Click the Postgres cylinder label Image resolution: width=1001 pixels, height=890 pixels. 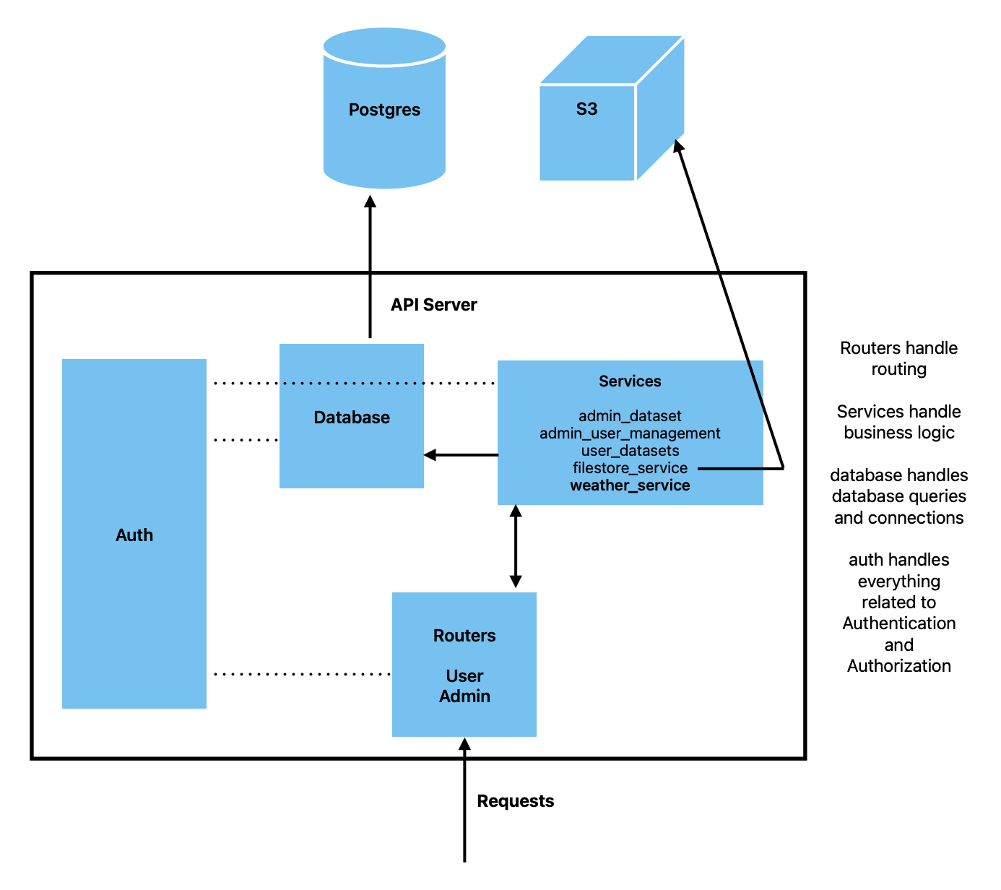pyautogui.click(x=384, y=110)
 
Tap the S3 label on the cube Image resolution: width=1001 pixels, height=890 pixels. pyautogui.click(x=586, y=109)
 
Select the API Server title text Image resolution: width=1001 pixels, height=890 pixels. pyautogui.click(x=433, y=305)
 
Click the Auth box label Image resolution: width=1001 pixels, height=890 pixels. pyautogui.click(x=134, y=535)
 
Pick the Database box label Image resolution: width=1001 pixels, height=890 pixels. pyautogui.click(x=352, y=418)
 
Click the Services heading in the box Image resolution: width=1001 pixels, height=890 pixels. pyautogui.click(x=630, y=381)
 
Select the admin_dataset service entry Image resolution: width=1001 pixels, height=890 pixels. pyautogui.click(x=630, y=416)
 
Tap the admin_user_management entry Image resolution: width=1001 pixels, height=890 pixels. pyautogui.click(x=630, y=433)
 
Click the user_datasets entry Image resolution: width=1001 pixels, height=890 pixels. pyautogui.click(x=630, y=451)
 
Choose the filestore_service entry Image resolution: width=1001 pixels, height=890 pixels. pyautogui.click(x=630, y=468)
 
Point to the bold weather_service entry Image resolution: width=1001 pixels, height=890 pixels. pyautogui.click(x=630, y=485)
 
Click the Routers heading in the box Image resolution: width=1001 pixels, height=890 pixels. pyautogui.click(x=464, y=636)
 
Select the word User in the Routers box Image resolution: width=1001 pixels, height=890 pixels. pyautogui.click(x=464, y=676)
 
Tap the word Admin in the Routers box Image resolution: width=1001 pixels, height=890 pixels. pyautogui.click(x=464, y=696)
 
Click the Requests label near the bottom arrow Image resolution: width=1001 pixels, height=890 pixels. pyautogui.click(x=516, y=801)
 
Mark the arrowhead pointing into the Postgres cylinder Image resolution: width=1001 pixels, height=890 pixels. pyautogui.click(x=370, y=202)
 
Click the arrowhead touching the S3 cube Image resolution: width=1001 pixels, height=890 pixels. pyautogui.click(x=678, y=147)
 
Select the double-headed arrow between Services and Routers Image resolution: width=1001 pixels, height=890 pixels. pyautogui.click(x=515, y=546)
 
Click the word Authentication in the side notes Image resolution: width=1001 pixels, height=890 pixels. pyautogui.click(x=898, y=623)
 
